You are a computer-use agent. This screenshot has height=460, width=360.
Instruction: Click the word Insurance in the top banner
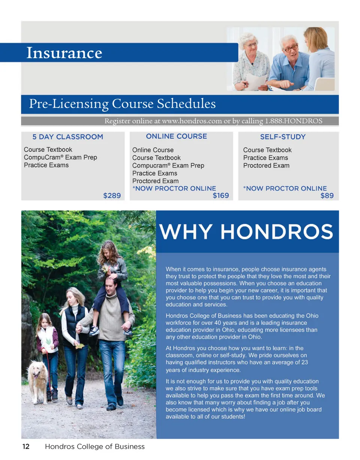pyautogui.click(x=64, y=53)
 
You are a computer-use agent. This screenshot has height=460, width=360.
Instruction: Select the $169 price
pyautogui.click(x=221, y=196)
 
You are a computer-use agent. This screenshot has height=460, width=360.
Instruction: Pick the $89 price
pyautogui.click(x=327, y=196)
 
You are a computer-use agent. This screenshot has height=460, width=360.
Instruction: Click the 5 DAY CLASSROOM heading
pyautogui.click(x=67, y=137)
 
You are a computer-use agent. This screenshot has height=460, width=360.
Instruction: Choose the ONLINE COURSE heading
pyautogui.click(x=176, y=136)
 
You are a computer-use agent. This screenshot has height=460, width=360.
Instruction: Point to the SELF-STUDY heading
pyautogui.click(x=283, y=137)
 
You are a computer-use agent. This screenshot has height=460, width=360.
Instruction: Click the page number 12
pyautogui.click(x=26, y=447)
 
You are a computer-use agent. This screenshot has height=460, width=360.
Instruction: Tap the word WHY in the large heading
pyautogui.click(x=188, y=232)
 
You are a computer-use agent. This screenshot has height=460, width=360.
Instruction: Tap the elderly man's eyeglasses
pyautogui.click(x=290, y=48)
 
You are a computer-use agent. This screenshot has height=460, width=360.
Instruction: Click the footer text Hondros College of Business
pyautogui.click(x=94, y=447)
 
